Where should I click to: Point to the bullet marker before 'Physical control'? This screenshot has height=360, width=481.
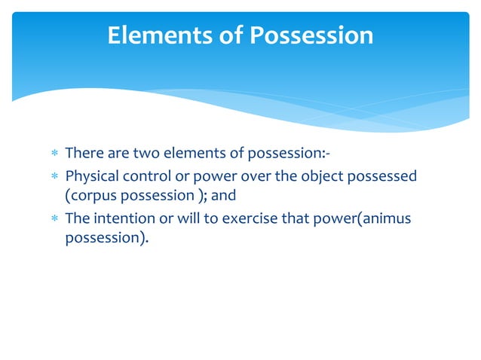pos(54,178)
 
